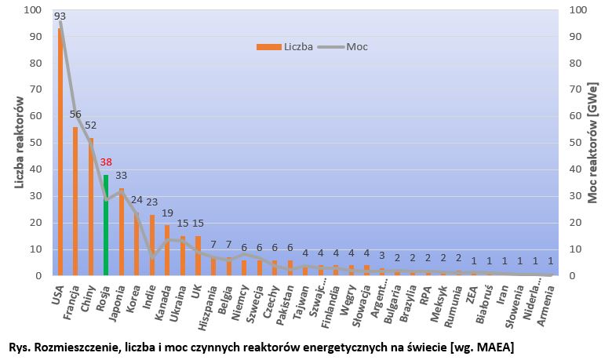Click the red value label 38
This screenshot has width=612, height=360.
pyautogui.click(x=107, y=162)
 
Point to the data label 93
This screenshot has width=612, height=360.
pyautogui.click(x=60, y=16)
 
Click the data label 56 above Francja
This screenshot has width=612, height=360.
pyautogui.click(x=75, y=114)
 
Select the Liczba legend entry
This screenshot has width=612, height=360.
pyautogui.click(x=286, y=46)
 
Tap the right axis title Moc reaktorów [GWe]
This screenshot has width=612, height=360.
pyautogui.click(x=594, y=142)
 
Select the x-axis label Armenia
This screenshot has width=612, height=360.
pyautogui.click(x=541, y=302)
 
